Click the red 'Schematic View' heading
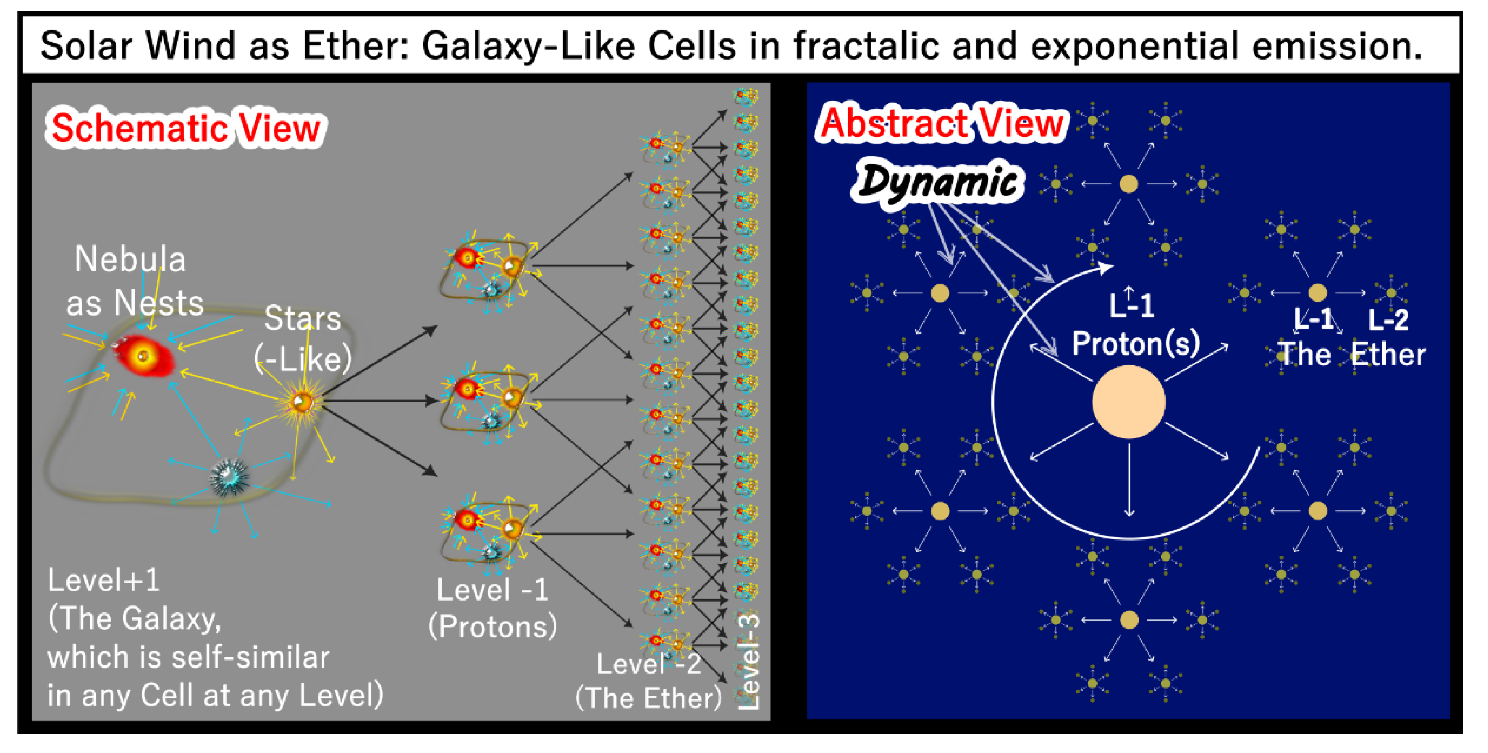(186, 128)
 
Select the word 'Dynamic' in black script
(937, 182)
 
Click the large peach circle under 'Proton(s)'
(1128, 402)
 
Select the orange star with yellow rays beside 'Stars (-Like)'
(302, 401)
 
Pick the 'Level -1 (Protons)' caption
(493, 608)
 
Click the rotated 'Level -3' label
(749, 662)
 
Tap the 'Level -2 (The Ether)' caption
(649, 681)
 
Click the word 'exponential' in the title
(1126, 46)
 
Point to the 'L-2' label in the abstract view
(1388, 320)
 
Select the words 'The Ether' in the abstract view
(1350, 354)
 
